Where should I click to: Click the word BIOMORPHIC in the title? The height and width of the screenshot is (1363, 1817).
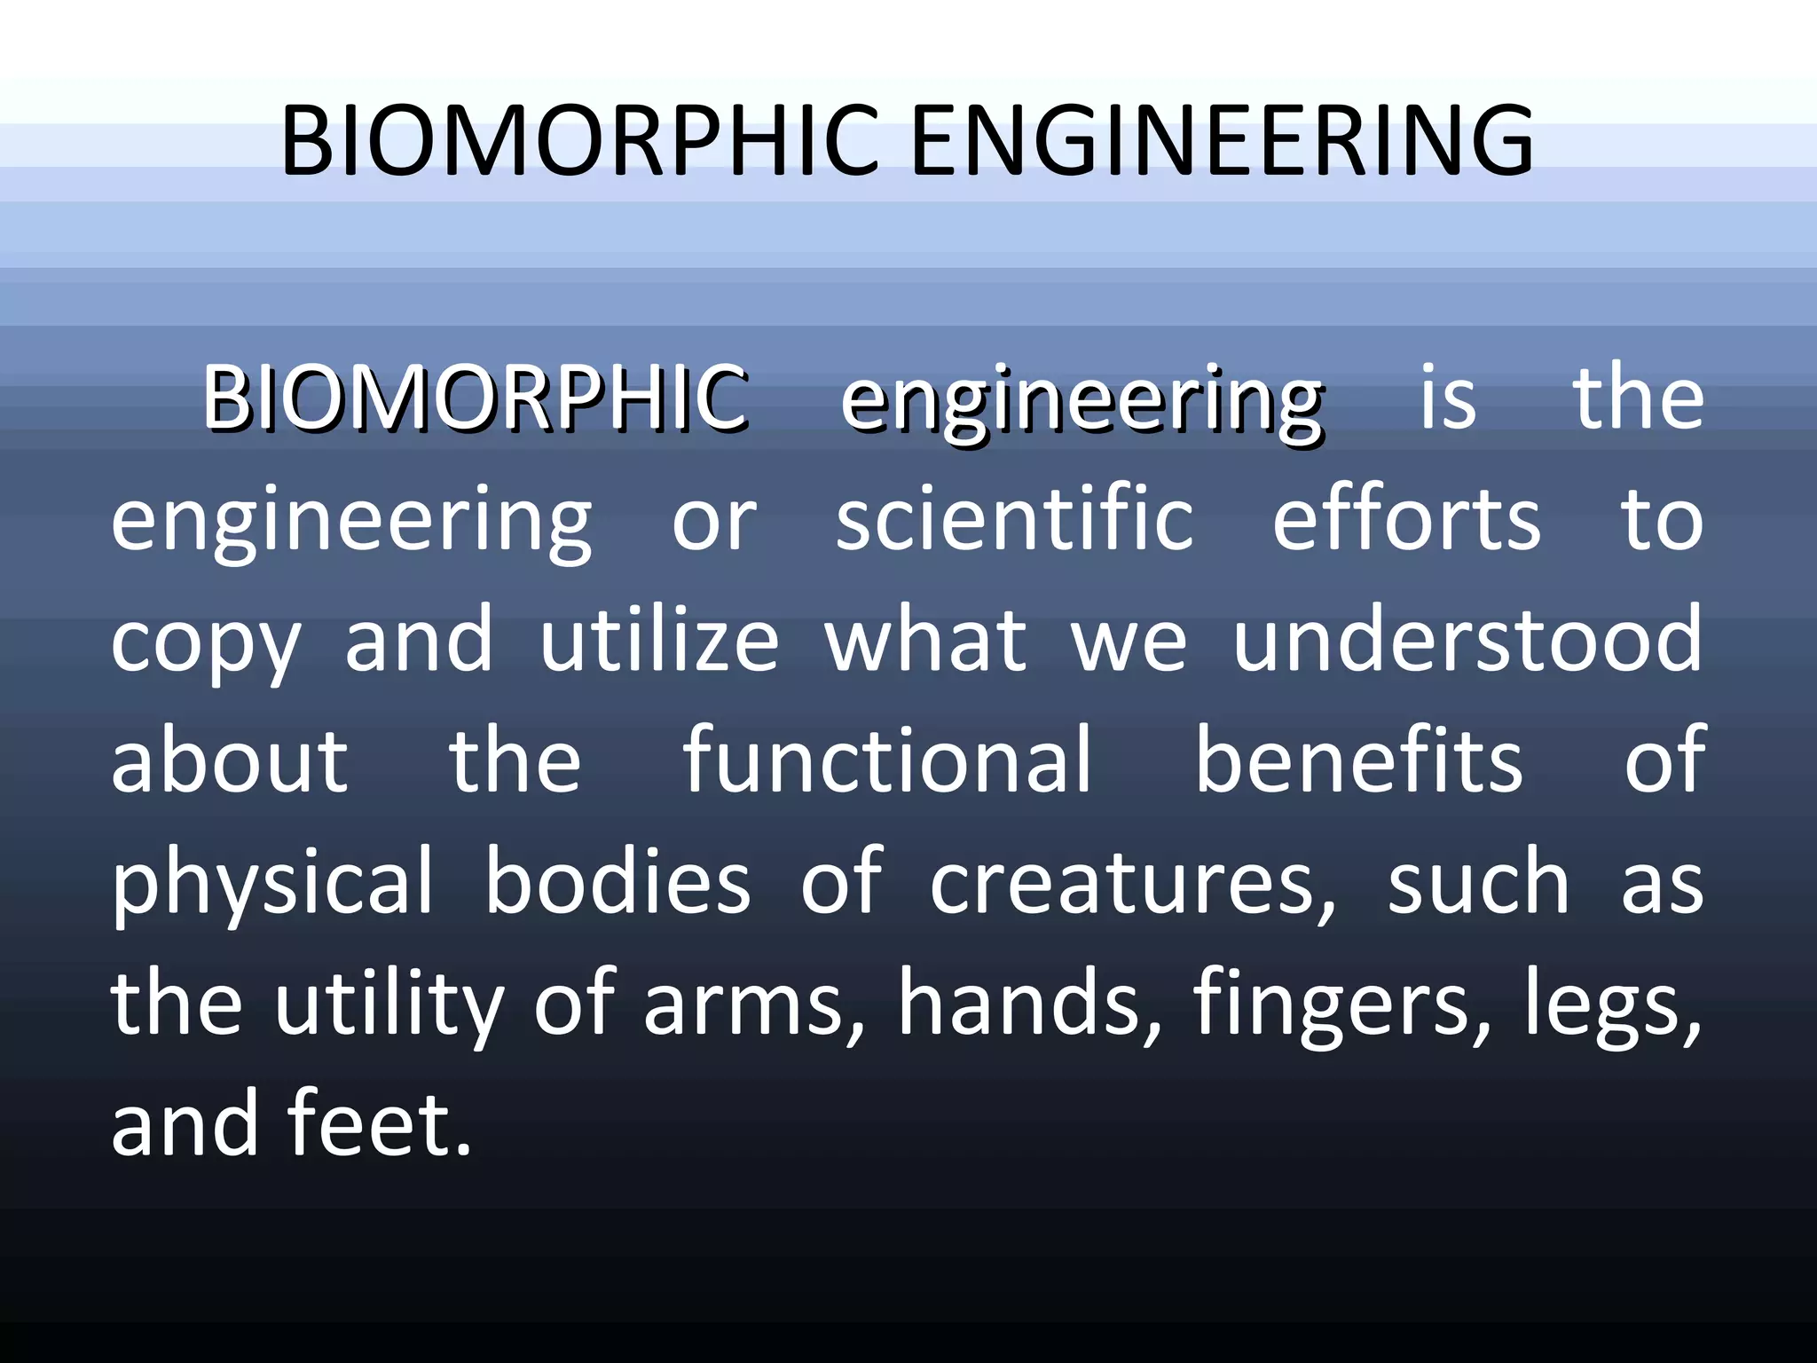coord(579,140)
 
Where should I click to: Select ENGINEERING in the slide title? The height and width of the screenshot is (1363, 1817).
coord(1222,140)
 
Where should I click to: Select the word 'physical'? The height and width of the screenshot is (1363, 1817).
coord(272,884)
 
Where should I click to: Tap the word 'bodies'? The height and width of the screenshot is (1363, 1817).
coord(617,882)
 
